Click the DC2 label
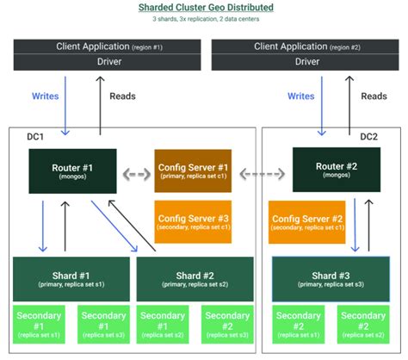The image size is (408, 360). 368,137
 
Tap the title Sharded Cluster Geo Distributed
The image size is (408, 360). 204,8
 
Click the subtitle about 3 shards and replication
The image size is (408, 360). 204,21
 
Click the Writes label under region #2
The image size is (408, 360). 300,96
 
